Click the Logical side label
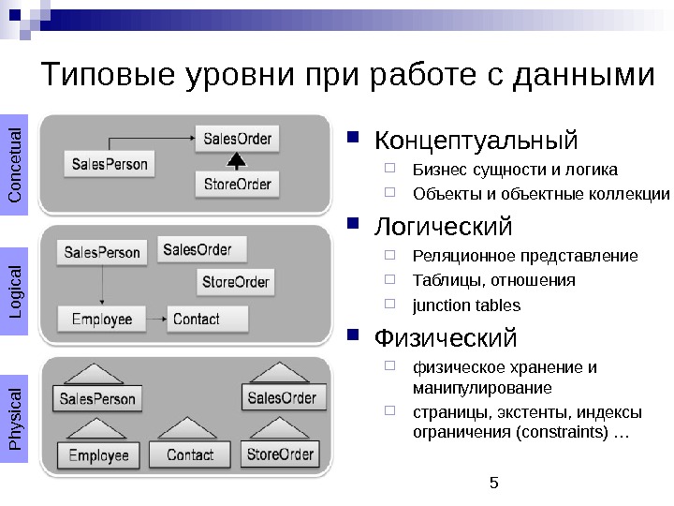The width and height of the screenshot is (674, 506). pyautogui.click(x=16, y=290)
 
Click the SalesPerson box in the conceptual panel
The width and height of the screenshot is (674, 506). pyautogui.click(x=109, y=164)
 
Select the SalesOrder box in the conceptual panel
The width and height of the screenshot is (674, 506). pyautogui.click(x=238, y=140)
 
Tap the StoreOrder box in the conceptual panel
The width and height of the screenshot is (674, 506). pyautogui.click(x=238, y=184)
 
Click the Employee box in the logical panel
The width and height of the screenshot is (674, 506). pyautogui.click(x=102, y=319)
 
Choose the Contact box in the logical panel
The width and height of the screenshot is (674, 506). pyautogui.click(x=208, y=319)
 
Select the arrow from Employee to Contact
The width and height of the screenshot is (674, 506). pyautogui.click(x=154, y=319)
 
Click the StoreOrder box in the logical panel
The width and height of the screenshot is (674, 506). pyautogui.click(x=235, y=281)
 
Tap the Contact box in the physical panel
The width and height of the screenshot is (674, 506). pyautogui.click(x=189, y=455)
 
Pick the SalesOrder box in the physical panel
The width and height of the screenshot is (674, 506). pyautogui.click(x=282, y=398)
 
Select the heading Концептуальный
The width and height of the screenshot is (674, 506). pyautogui.click(x=476, y=141)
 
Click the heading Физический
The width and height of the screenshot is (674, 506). pyautogui.click(x=445, y=336)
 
